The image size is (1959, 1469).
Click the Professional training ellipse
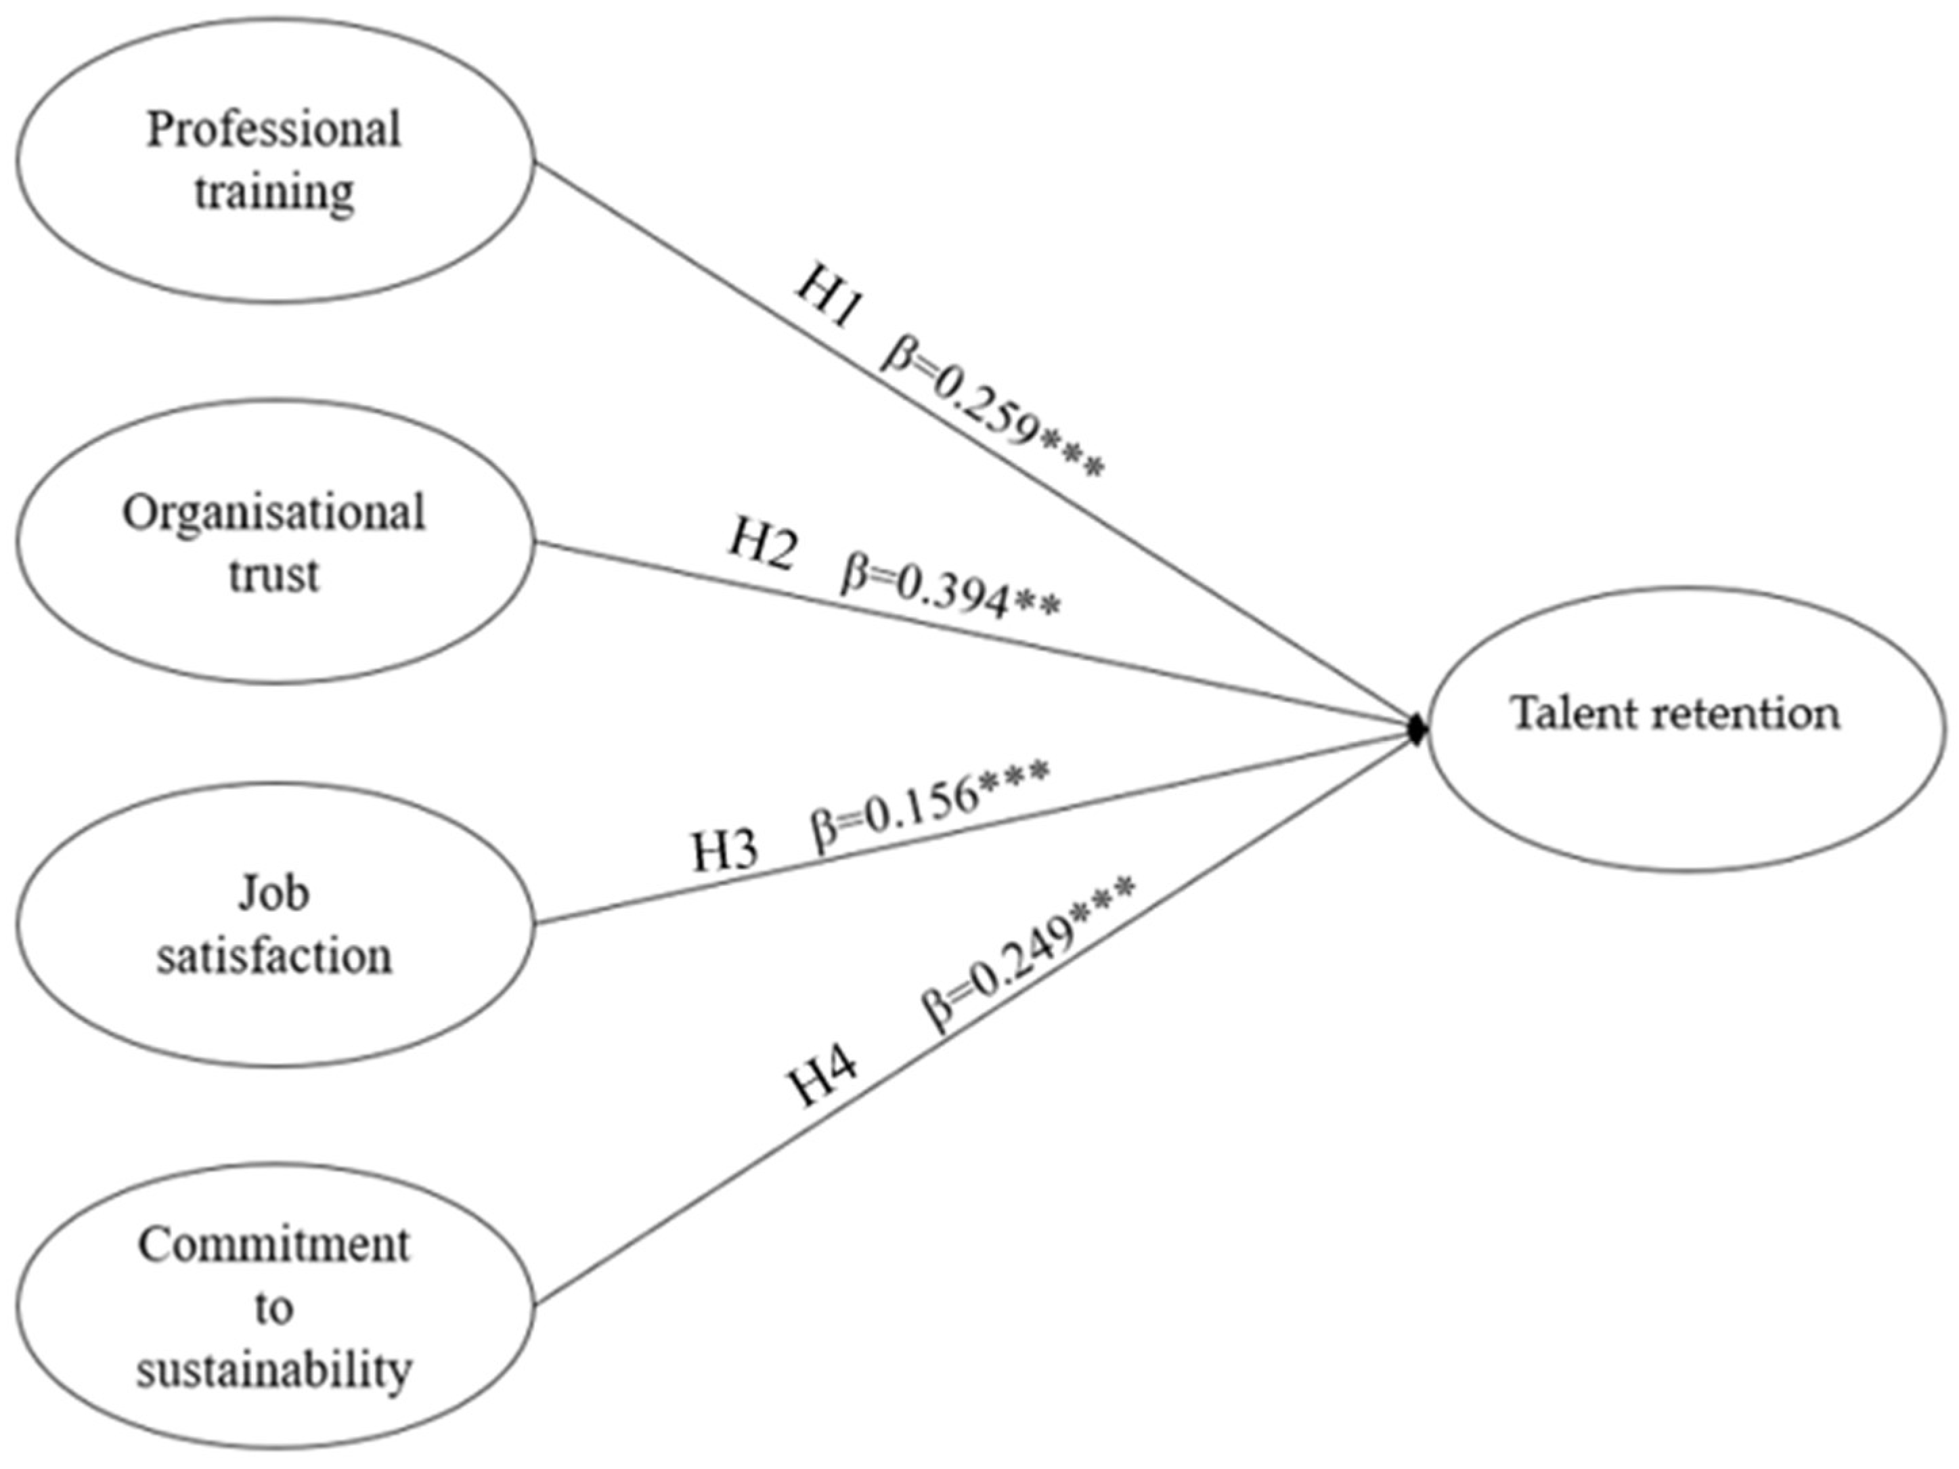pyautogui.click(x=275, y=159)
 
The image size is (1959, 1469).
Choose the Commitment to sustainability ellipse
pyautogui.click(x=275, y=1307)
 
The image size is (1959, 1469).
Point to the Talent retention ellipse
pyautogui.click(x=1677, y=728)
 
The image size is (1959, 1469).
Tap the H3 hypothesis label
pyautogui.click(x=724, y=851)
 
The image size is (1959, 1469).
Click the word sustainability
pyautogui.click(x=275, y=1369)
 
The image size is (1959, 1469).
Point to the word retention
pyautogui.click(x=1748, y=713)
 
